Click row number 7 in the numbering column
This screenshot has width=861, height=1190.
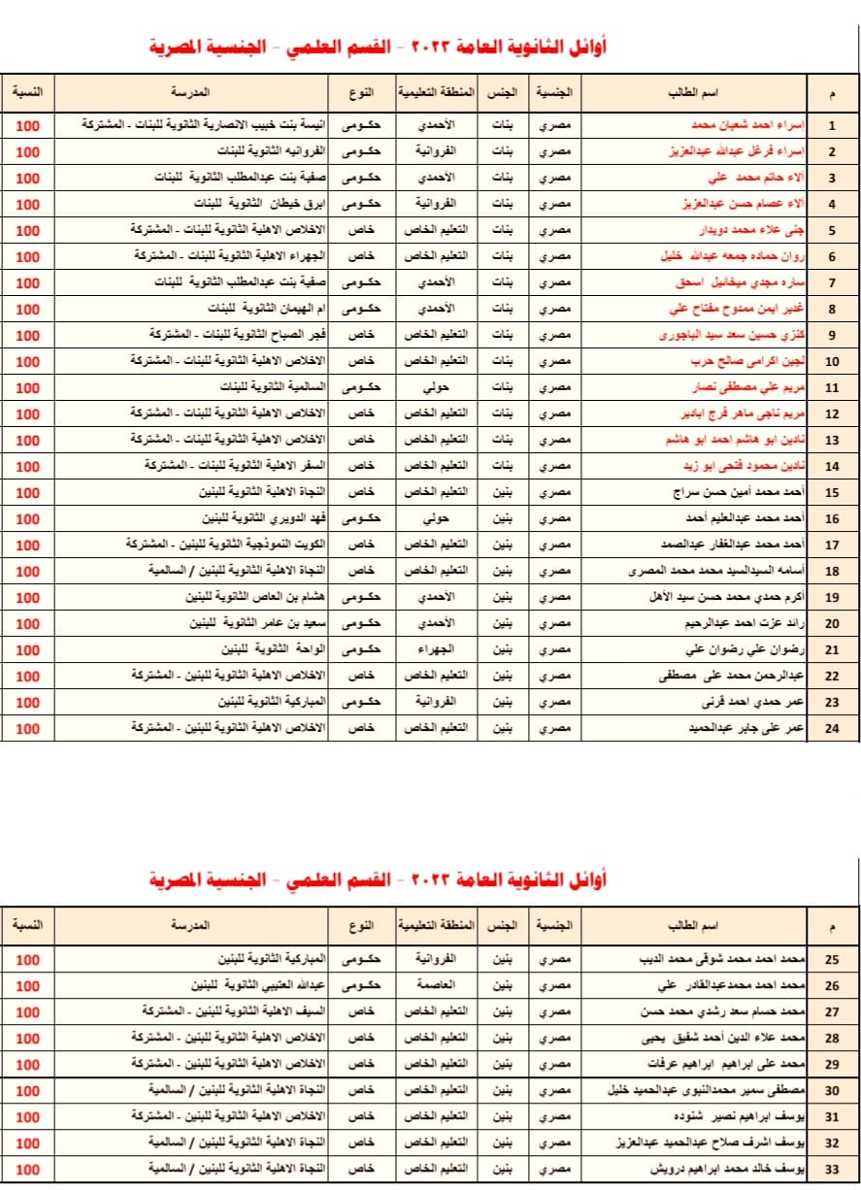[832, 283]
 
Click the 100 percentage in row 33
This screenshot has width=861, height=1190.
[28, 1169]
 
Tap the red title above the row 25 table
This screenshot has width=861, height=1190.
[379, 880]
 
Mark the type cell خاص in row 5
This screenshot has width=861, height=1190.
[361, 230]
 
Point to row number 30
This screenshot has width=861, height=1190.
[832, 1090]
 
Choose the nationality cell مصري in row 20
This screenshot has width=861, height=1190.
[553, 623]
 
